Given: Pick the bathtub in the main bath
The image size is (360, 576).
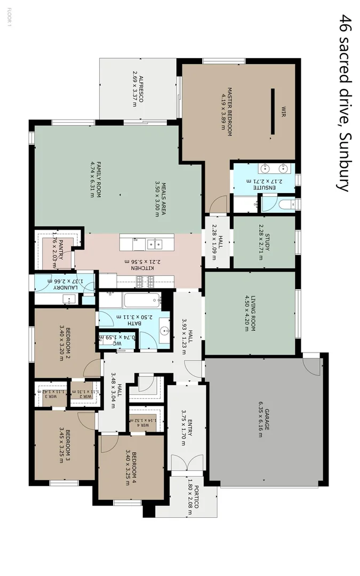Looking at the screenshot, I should pyautogui.click(x=141, y=300).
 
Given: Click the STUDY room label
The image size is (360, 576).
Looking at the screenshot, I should pyautogui.click(x=268, y=242).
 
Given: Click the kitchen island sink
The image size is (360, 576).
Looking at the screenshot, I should pyautogui.click(x=154, y=244).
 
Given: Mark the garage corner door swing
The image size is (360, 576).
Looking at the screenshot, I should pyautogui.click(x=311, y=366).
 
